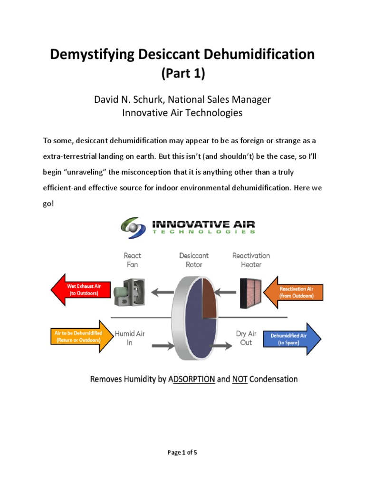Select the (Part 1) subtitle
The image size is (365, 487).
182,74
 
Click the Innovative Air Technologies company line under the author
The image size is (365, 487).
182,113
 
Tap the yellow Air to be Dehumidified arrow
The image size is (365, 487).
77,337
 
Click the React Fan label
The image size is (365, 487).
133,260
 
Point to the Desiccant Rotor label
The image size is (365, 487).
194,260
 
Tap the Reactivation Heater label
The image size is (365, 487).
251,260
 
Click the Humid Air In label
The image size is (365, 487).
130,338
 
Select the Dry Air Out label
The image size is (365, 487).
246,338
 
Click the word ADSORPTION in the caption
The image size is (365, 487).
191,380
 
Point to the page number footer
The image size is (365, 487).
182,452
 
